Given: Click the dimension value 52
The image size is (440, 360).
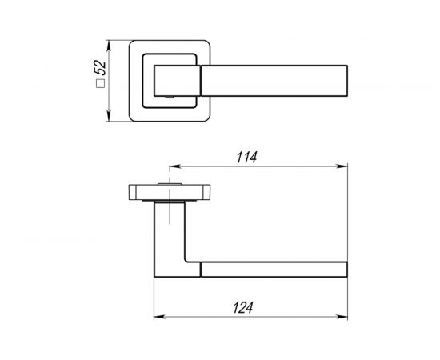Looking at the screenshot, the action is coord(100,68).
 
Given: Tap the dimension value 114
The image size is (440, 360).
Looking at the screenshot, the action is coord(246,158).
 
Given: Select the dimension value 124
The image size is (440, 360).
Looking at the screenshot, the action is coord(243,307).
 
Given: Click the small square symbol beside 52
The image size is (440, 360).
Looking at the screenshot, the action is coord(100,84).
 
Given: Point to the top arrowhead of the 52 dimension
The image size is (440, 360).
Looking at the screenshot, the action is coord(109,46).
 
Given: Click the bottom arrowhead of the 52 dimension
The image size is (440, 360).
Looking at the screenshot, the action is coord(109,116).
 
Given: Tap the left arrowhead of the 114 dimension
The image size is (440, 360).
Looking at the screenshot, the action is coord(174,166).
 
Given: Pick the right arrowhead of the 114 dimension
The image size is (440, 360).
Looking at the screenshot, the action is coord(342,166).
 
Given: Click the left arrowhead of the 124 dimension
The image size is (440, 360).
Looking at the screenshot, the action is coord(159,317).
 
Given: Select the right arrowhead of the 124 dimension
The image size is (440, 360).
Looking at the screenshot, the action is coord(342,317).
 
